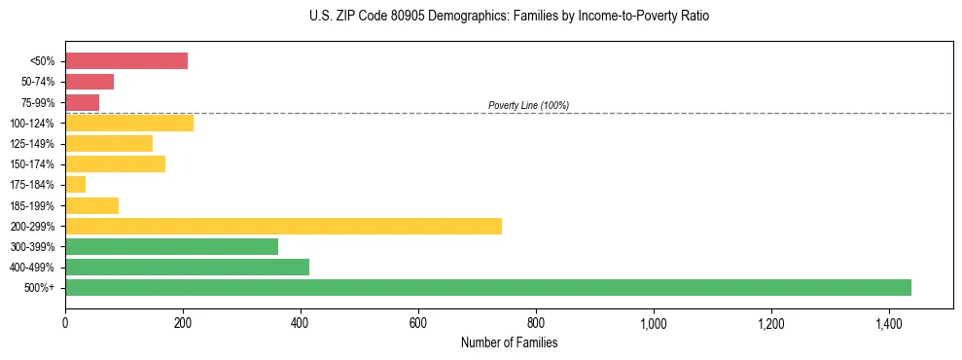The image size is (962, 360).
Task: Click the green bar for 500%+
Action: (x=488, y=287)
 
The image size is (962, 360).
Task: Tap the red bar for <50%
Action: (x=126, y=61)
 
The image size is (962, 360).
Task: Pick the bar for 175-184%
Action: (x=76, y=184)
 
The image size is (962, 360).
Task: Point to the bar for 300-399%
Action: (x=171, y=246)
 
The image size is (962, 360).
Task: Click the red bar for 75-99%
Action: (x=83, y=102)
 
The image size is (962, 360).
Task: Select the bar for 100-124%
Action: (x=129, y=123)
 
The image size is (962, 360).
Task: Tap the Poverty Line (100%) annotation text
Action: (x=528, y=105)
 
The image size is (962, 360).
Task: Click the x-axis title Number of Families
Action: (x=509, y=342)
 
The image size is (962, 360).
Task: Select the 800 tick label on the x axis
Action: (x=535, y=323)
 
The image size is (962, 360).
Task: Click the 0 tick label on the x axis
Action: (x=65, y=323)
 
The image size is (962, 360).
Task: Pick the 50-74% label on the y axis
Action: (x=37, y=82)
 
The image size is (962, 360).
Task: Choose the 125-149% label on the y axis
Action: (x=33, y=144)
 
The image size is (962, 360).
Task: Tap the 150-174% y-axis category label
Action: (x=33, y=164)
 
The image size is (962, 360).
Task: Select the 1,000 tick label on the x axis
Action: (x=653, y=323)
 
